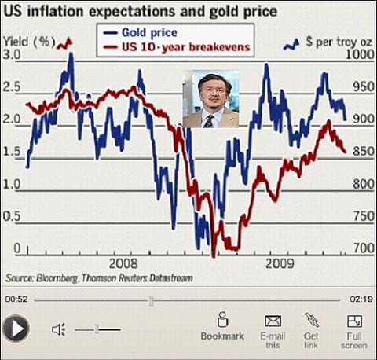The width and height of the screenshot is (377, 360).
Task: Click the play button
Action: pos(16,329)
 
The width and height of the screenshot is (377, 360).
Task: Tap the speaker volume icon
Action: pos(58,329)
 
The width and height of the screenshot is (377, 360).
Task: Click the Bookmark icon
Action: pos(222,319)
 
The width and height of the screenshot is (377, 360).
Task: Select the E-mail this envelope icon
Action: pos(273,321)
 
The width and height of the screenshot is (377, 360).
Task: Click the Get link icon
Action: pos(312,320)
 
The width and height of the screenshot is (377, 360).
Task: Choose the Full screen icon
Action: pos(354,321)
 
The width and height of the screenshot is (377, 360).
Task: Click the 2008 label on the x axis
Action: pos(123,263)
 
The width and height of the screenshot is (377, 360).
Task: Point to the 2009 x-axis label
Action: pos(280,263)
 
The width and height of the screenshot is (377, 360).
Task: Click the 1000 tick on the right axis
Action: pos(360,54)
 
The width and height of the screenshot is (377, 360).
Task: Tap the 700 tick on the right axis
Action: pos(364,248)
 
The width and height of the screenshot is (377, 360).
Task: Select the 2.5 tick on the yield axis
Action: pos(12,87)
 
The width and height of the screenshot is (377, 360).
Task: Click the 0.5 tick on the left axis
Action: pos(12,216)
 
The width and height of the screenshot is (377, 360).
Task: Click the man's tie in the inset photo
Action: pos(209,122)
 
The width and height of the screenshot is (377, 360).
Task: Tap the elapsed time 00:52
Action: pos(16,299)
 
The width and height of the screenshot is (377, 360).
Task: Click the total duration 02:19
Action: pos(361,299)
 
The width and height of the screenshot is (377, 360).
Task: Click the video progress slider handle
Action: pos(151,301)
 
